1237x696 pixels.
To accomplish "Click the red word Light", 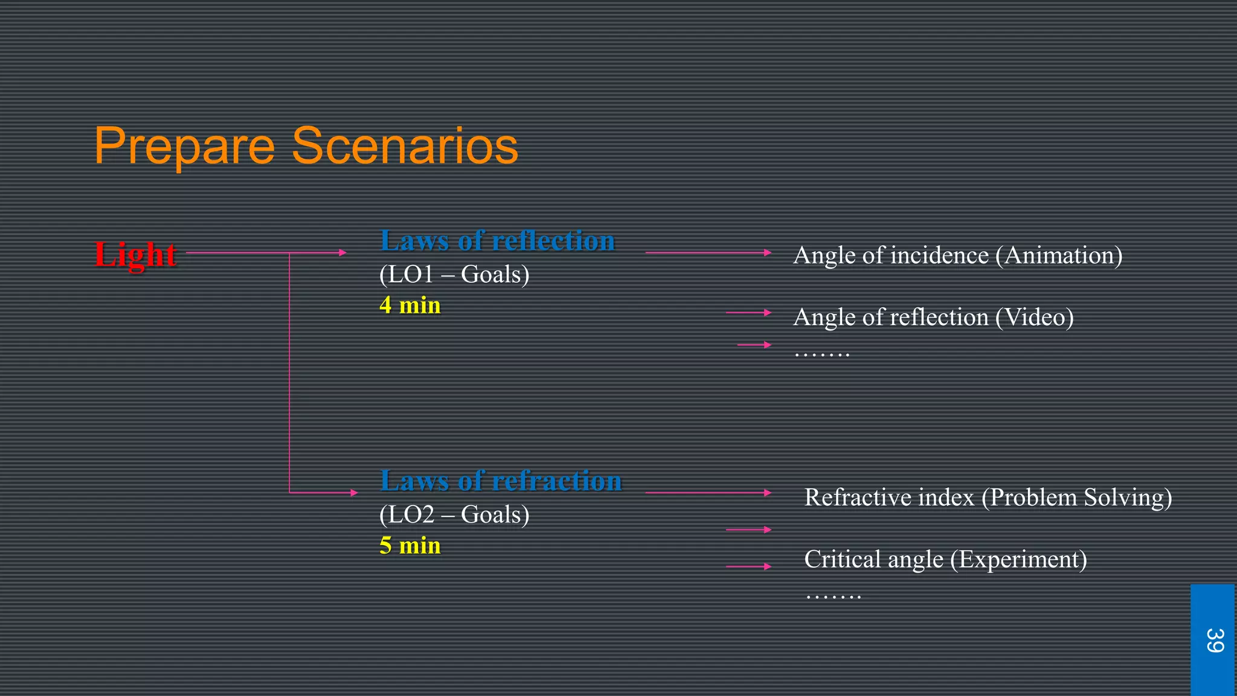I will [135, 254].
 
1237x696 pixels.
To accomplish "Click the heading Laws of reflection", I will [497, 240].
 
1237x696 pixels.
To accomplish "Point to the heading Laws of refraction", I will [501, 481].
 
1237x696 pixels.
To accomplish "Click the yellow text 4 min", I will [410, 305].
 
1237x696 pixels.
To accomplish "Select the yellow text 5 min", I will [410, 546].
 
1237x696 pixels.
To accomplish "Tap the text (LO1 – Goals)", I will [454, 274].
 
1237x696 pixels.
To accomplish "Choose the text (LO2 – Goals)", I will [454, 515].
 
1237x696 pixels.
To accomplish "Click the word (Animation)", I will [1059, 256].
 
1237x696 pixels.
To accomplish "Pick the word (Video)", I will [1034, 317].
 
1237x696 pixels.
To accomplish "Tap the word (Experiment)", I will [1018, 559].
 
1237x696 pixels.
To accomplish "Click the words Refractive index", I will [889, 497].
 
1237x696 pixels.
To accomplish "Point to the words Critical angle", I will [873, 559].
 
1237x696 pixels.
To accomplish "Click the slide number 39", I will [1213, 640].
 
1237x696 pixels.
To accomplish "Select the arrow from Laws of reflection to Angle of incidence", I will [708, 253].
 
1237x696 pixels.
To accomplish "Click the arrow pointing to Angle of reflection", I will [748, 312].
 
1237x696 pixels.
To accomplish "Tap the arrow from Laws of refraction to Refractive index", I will [708, 493].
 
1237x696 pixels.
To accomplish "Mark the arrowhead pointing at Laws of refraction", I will [354, 493].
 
